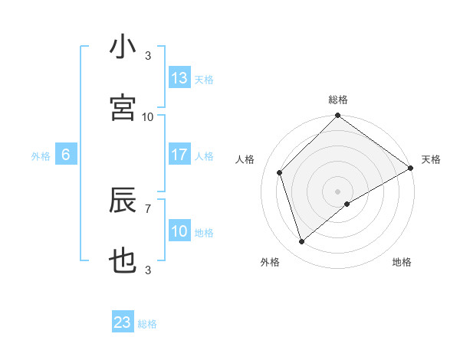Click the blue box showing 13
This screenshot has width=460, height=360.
pos(179,78)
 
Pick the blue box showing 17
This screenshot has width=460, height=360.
pos(179,155)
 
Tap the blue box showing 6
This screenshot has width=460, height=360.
pos(66,155)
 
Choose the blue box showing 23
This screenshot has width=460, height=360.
pos(123,322)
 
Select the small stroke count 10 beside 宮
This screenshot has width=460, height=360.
pos(148,116)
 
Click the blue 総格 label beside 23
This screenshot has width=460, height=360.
pos(147,324)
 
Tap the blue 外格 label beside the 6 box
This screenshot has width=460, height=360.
pos(41,156)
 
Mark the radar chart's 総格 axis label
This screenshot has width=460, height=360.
pos(338,100)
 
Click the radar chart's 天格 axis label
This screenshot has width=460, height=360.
pos(431,159)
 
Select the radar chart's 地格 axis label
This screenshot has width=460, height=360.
pos(402,262)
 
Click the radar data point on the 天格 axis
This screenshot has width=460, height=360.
pos(411,169)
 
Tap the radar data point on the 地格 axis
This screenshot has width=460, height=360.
pos(347,204)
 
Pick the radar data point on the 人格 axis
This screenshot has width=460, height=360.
pos(280,172)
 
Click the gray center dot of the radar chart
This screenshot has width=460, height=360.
pos(338,191)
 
